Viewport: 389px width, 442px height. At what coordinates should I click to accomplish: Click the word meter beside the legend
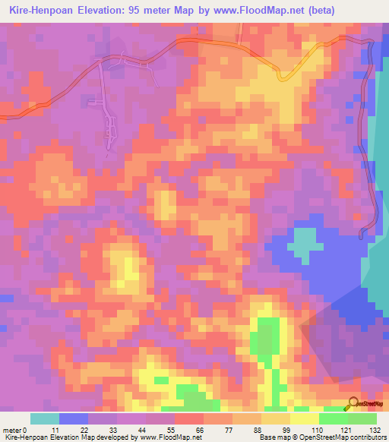tap(14, 431)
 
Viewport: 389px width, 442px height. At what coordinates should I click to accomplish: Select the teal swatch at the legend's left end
tap(44, 418)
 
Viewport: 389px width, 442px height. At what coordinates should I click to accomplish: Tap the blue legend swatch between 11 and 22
tap(74, 418)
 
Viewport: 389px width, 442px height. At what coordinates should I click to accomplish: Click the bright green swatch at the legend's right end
tap(362, 418)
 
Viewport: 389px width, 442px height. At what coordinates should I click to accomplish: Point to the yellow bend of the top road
tap(283, 76)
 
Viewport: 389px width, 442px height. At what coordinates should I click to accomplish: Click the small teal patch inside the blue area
tap(303, 242)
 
